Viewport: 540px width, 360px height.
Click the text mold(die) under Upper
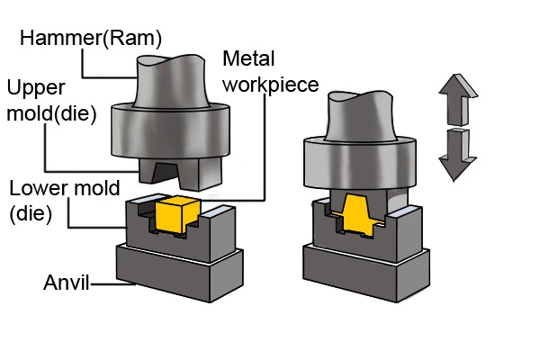tap(51, 116)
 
